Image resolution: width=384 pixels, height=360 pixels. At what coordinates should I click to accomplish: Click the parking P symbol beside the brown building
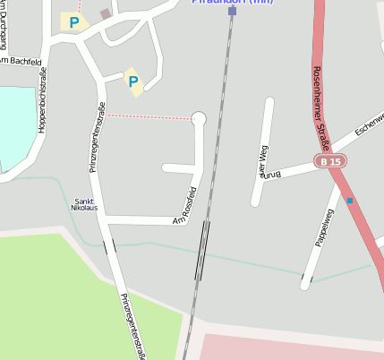[74, 21]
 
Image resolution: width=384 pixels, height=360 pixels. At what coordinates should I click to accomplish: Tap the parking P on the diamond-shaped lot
[133, 82]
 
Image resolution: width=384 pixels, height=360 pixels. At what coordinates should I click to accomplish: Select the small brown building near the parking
[106, 13]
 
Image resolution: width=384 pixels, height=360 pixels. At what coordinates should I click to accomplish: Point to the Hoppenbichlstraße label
[42, 100]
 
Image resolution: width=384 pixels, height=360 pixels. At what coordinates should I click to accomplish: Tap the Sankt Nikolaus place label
[85, 204]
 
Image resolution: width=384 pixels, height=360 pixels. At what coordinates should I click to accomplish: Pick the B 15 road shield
[329, 161]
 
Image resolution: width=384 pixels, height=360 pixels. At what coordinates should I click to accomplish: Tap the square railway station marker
[232, 11]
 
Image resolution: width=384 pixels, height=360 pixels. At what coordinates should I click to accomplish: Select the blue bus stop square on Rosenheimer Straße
[349, 201]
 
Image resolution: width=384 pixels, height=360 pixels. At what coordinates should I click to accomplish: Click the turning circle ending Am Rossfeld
[199, 118]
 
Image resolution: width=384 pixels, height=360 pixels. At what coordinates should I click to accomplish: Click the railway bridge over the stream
[203, 250]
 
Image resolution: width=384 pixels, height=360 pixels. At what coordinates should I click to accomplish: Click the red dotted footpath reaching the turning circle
[152, 116]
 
